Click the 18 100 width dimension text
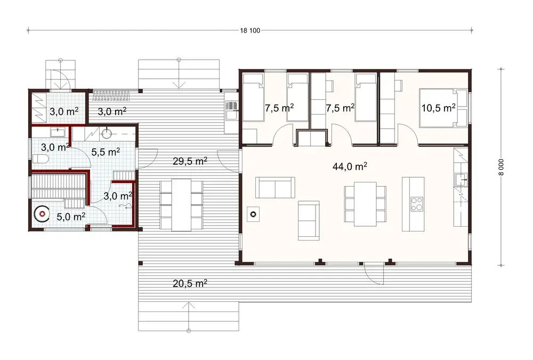point(250,30)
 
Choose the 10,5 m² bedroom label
point(439,107)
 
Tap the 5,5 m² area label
point(106,152)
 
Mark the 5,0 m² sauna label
point(71,217)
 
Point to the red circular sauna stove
point(41,214)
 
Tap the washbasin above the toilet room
point(57,131)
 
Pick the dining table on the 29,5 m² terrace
point(181,204)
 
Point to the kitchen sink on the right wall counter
point(461,179)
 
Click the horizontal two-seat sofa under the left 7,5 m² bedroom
point(275,187)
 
